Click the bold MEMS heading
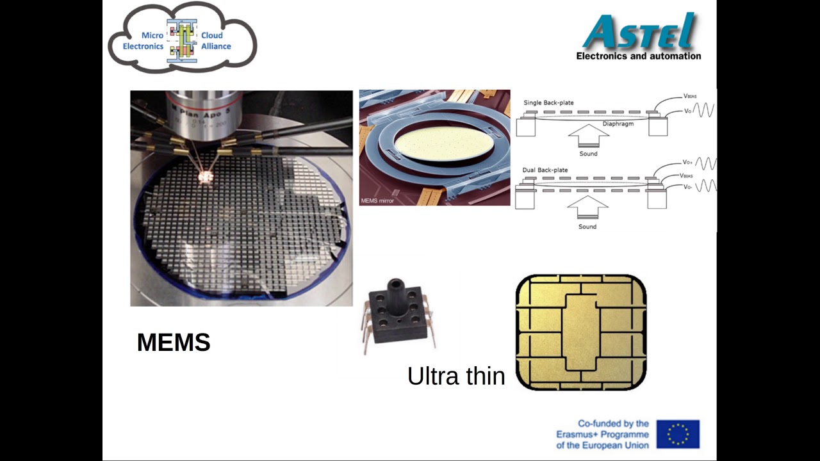pos(174,343)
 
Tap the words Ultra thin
pos(456,376)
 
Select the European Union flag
pos(678,434)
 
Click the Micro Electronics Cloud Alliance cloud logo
pos(183,39)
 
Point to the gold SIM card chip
pos(580,332)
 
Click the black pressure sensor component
pos(398,314)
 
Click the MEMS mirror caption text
pos(377,201)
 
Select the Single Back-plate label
pos(548,102)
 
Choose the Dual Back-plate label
pos(545,170)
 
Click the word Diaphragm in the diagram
pos(618,124)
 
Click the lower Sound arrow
pos(587,209)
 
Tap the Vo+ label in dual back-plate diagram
pos(687,163)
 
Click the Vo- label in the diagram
pos(687,187)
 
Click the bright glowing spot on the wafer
pos(206,176)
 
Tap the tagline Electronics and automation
pos(638,56)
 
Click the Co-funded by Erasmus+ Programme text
pos(602,434)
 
